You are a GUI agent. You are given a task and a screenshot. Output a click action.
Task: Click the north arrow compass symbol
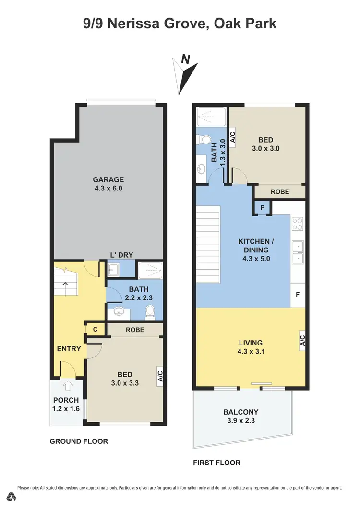pos(186,74)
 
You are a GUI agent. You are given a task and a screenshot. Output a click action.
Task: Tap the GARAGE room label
pos(108,180)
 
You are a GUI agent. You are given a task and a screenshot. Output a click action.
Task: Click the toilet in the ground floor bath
pos(150,313)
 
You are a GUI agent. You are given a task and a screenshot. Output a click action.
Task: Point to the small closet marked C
pos(95,330)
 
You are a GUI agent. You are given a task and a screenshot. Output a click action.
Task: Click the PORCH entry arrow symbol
pos(67,385)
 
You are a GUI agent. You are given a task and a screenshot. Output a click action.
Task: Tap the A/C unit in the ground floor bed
pos(160,375)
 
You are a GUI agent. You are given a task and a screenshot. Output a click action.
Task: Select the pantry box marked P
pos(263,207)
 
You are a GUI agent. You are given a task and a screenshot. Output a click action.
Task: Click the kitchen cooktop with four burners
pos(298,224)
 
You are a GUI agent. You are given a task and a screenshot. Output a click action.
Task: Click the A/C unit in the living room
pos(302,341)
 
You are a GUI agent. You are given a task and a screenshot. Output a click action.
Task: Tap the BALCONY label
pos(241,412)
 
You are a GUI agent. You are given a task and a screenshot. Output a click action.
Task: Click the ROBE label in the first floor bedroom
pos(280,191)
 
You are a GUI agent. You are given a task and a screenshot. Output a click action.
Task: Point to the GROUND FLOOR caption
pos(79,441)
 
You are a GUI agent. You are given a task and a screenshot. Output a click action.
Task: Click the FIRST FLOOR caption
pos(216,463)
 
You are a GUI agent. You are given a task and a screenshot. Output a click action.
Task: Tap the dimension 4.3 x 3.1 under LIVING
pos(251,352)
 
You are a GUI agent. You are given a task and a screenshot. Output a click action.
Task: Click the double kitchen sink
pos(298,253)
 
